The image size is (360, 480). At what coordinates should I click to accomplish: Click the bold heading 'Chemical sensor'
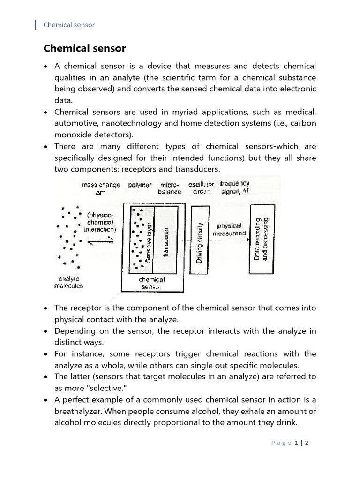click(x=84, y=48)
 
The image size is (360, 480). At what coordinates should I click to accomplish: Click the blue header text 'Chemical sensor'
click(x=69, y=25)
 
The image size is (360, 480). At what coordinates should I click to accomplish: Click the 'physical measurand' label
click(x=227, y=229)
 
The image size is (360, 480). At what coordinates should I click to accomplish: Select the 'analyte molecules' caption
click(x=68, y=282)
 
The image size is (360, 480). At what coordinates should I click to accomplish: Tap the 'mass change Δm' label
click(x=100, y=188)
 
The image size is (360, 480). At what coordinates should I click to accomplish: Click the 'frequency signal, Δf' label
click(x=234, y=187)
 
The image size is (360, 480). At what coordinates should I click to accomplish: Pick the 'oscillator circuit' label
click(x=201, y=188)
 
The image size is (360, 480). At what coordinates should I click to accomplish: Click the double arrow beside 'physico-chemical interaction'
click(x=101, y=239)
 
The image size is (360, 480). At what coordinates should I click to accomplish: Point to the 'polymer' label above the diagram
click(x=140, y=185)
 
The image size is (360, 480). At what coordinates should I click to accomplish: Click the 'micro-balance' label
click(x=169, y=188)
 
